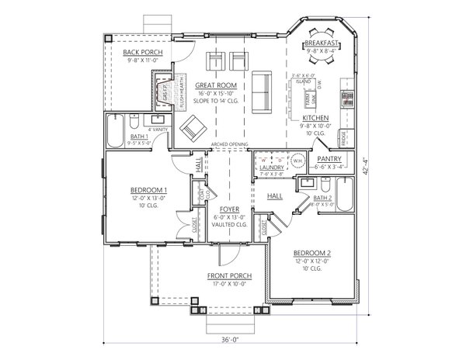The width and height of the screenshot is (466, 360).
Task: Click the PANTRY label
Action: [329, 158]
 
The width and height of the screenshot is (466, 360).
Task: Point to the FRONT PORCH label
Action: [228, 276]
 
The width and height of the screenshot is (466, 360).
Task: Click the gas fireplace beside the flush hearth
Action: [163, 92]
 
